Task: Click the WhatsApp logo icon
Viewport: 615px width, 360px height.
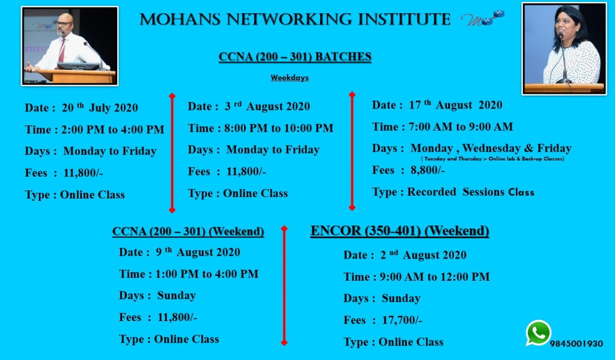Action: (x=538, y=333)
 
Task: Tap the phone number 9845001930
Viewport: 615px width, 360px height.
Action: (x=576, y=344)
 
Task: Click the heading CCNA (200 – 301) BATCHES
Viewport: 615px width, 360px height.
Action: (x=295, y=57)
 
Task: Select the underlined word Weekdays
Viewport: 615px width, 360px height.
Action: (x=290, y=78)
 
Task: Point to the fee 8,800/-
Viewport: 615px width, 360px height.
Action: (x=428, y=170)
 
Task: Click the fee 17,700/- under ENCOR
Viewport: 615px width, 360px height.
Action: (x=402, y=320)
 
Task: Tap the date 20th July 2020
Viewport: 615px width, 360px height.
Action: (x=100, y=107)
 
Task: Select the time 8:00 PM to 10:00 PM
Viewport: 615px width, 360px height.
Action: (x=279, y=128)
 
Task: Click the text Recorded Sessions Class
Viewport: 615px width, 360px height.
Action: (x=470, y=192)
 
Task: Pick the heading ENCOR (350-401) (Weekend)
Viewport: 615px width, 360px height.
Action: (x=400, y=231)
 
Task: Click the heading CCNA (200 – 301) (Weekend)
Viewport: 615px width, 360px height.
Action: (x=188, y=231)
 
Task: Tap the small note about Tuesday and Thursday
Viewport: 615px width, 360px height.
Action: (x=492, y=159)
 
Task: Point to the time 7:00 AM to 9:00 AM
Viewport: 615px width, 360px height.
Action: (x=461, y=127)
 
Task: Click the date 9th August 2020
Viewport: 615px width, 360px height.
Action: (x=198, y=252)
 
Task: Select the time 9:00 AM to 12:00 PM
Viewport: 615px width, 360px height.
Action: (x=435, y=277)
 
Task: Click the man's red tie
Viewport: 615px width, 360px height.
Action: (x=62, y=50)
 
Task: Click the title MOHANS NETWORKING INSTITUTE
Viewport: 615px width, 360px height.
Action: (x=295, y=19)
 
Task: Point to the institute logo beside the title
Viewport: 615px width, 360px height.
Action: (x=482, y=19)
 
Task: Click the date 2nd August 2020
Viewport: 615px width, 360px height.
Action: (x=423, y=255)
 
